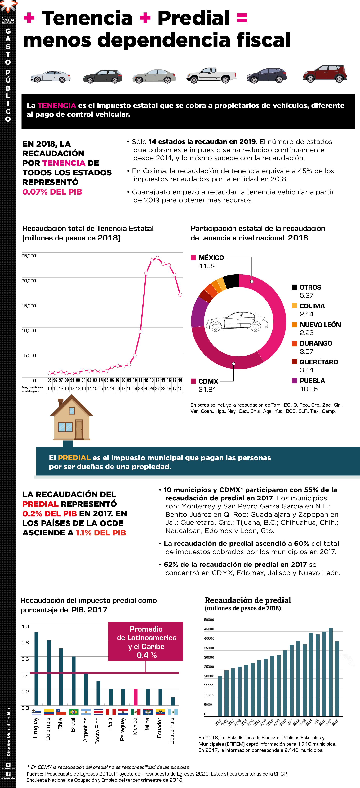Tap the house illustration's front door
pyautogui.click(x=79, y=429)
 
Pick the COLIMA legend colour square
pyautogui.click(x=295, y=306)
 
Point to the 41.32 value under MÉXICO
pyautogui.click(x=207, y=266)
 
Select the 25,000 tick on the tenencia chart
pyautogui.click(x=29, y=256)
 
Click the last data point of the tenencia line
pyautogui.click(x=180, y=295)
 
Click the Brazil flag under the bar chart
pyautogui.click(x=73, y=712)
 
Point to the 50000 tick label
pyautogui.click(x=209, y=620)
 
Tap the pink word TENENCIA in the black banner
pyautogui.click(x=57, y=105)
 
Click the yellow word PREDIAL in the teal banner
pyautogui.click(x=74, y=458)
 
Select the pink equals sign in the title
pyautogui.click(x=242, y=18)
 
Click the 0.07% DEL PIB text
pyautogui.click(x=52, y=192)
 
